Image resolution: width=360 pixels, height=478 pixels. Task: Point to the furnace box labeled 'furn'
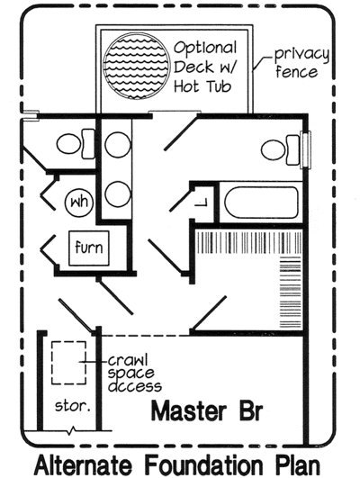[x=87, y=248]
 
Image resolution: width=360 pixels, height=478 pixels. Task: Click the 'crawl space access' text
[x=129, y=369]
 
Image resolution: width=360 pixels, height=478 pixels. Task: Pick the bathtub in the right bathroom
[x=261, y=202]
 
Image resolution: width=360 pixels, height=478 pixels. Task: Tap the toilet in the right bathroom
[x=278, y=147]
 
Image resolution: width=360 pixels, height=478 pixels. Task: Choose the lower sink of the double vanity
[x=116, y=193]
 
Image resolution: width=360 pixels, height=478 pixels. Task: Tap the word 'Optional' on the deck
[x=206, y=47]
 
